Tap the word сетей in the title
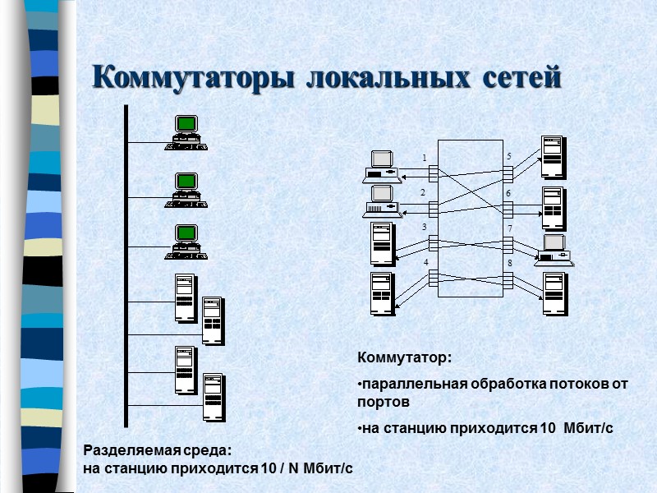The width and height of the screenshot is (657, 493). [x=520, y=78]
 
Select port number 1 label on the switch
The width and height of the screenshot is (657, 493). [x=425, y=158]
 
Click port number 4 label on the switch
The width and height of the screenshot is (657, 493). [x=426, y=262]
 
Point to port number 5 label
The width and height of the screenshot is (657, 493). [x=508, y=156]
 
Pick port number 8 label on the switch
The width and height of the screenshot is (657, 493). [x=509, y=263]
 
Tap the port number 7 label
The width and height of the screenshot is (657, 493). [x=509, y=228]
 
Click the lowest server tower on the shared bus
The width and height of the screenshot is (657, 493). [x=214, y=398]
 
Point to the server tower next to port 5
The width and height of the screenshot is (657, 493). [x=553, y=157]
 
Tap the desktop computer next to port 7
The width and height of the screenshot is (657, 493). [x=554, y=250]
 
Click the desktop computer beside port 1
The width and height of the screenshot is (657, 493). [x=381, y=165]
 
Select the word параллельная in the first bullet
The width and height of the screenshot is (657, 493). [x=412, y=384]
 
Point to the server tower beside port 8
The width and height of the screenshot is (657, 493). [x=554, y=293]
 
